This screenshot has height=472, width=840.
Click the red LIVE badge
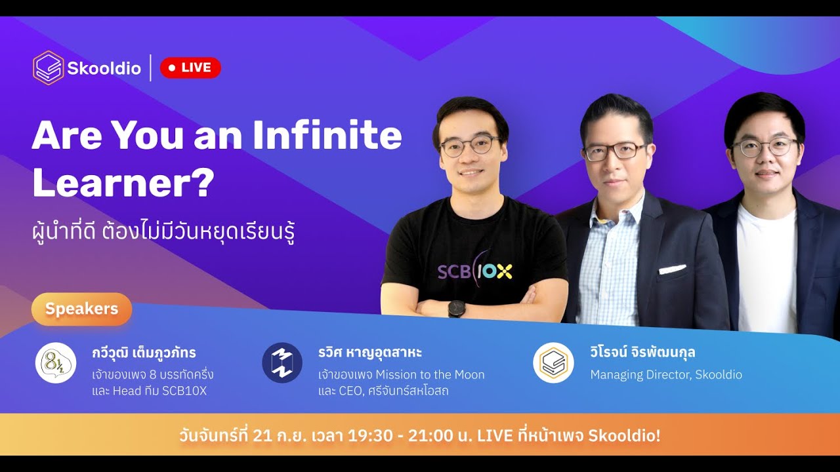190,68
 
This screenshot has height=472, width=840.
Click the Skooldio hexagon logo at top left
48,68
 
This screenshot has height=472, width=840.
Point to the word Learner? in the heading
123,183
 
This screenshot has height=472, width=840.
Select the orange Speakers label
81,309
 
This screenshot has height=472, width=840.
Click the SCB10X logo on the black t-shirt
474,271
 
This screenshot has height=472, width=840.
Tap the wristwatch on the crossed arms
457,308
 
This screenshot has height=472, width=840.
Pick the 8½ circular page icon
56,363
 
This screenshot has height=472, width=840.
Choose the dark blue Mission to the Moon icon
282,363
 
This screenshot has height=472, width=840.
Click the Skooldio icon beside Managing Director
553,363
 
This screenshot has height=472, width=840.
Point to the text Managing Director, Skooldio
666,375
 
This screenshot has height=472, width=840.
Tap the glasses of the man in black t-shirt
470,146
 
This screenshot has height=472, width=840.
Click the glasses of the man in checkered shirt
616,151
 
